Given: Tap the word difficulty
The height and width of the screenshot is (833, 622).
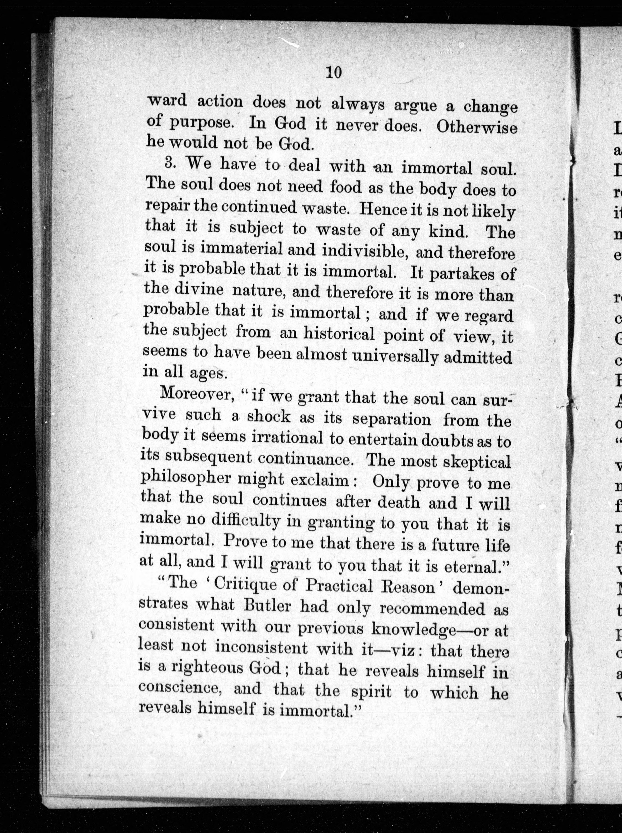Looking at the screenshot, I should pos(245,522).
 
